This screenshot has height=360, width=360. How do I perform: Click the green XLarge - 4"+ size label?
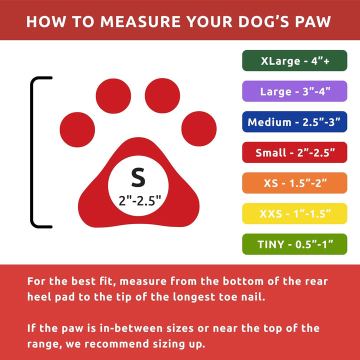(294, 61)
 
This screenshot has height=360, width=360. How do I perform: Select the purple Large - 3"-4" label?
(294, 91)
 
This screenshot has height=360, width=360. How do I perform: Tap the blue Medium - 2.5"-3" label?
(294, 122)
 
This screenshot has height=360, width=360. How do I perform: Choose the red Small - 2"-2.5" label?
(294, 152)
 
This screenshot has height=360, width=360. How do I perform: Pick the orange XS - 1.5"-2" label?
(294, 183)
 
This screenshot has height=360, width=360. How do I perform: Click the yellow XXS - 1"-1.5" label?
(294, 213)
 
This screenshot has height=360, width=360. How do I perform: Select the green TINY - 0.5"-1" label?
(294, 244)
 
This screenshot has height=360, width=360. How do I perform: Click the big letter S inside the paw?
(137, 177)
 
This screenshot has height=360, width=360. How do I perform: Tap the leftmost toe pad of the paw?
(77, 129)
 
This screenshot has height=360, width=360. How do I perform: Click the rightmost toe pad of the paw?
(198, 129)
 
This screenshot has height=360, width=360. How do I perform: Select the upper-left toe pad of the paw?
(113, 95)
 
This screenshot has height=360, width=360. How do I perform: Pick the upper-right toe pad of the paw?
(162, 95)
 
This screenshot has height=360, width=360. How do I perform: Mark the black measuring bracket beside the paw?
(33, 152)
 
